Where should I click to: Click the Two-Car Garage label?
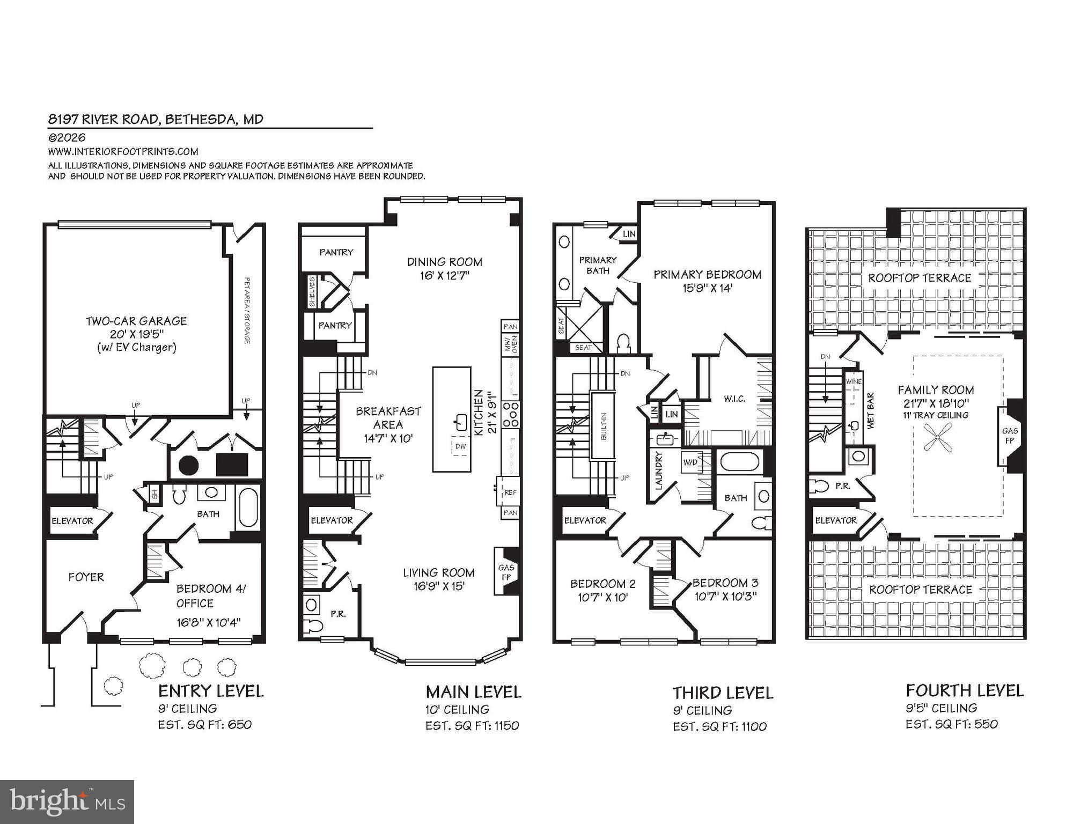tap(136, 321)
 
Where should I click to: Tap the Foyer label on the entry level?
tap(86, 577)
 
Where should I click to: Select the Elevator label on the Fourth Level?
tap(835, 520)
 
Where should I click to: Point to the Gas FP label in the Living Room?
tap(506, 572)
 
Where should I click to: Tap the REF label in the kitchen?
tap(510, 492)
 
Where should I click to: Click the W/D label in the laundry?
tap(690, 461)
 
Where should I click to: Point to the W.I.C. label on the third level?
tap(734, 399)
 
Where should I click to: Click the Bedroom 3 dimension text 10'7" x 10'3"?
tap(725, 597)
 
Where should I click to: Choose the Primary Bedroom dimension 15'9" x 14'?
tap(707, 289)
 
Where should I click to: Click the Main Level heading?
tap(473, 692)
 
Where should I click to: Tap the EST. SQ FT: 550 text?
tap(951, 724)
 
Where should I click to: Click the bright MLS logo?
tap(67, 802)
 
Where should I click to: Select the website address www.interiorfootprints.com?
tap(123, 152)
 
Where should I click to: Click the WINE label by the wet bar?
tap(854, 381)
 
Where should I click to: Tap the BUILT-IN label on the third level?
tap(604, 426)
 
